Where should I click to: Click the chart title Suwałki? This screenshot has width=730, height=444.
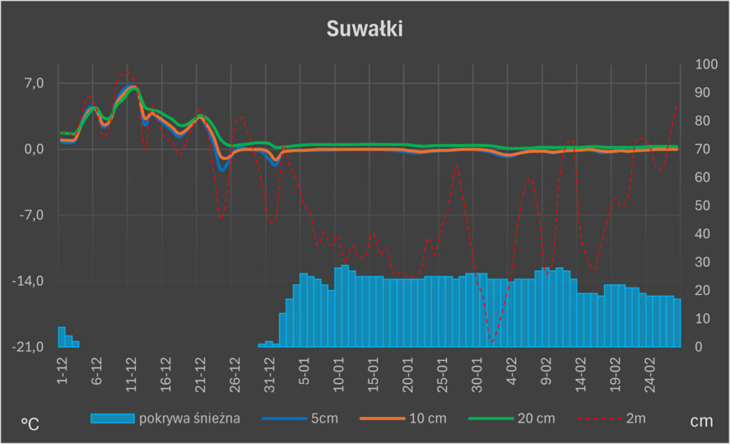point(364,29)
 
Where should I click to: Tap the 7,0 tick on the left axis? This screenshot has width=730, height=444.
point(34,84)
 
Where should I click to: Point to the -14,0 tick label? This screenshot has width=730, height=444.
point(29,281)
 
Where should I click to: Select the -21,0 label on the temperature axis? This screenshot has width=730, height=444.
point(29,347)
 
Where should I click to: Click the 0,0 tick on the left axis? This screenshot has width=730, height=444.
point(34,149)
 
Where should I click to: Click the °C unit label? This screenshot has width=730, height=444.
point(30,423)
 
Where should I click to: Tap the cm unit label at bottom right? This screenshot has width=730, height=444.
point(701,422)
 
